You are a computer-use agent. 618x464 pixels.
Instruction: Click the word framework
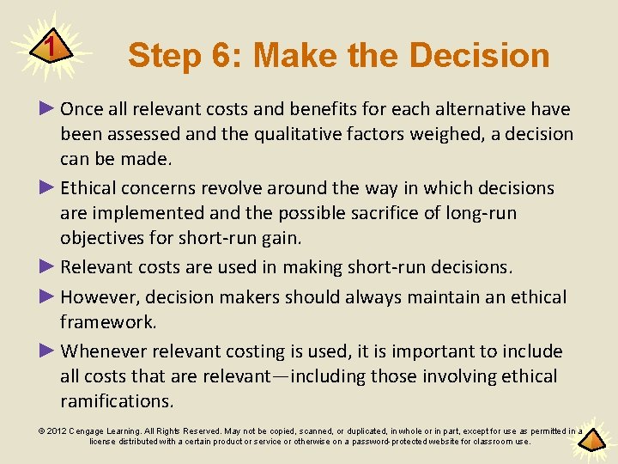point(107,322)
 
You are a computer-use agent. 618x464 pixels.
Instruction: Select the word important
point(439,351)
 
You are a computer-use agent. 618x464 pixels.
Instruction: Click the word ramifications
point(116,400)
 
